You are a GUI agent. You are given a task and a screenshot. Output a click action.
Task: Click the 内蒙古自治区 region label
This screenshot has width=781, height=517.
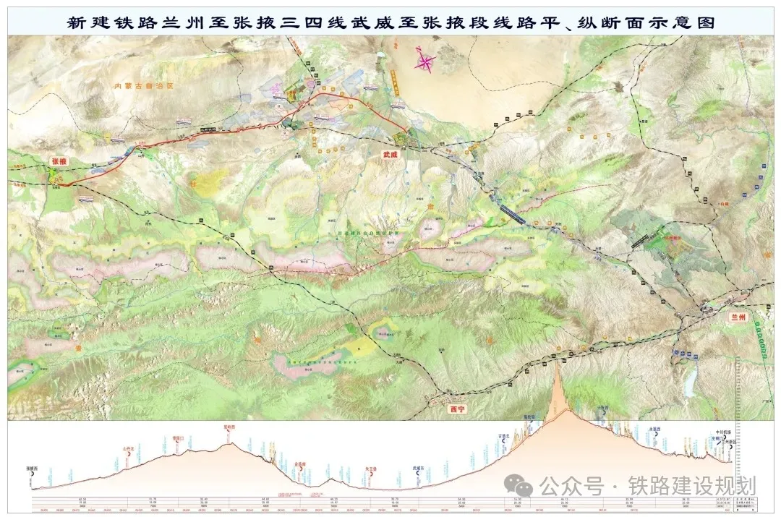coord(145,86)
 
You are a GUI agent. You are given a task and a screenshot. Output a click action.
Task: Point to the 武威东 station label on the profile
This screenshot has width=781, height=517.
coord(417,468)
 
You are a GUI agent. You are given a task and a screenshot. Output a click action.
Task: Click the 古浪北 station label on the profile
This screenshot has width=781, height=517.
coord(504,436)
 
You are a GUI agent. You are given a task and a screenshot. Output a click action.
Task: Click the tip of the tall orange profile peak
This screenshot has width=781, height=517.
coord(557,361)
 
